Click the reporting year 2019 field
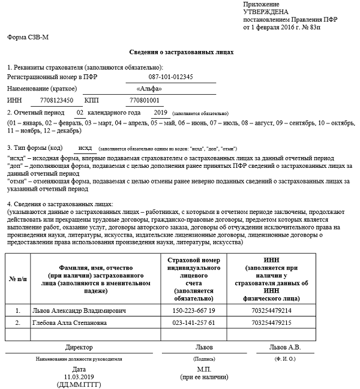(160, 112)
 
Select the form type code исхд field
(86, 147)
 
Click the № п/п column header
(17, 281)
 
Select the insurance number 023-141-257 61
(192, 323)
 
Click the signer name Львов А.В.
(285, 347)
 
